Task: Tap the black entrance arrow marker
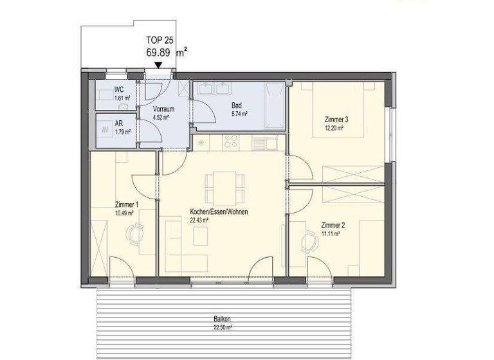pos(158,65)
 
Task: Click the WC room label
pos(119,90)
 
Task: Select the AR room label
pos(119,123)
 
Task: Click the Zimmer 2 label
pos(333,225)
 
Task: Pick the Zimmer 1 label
pos(125,204)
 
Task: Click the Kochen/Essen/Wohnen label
pos(219,212)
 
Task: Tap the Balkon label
pos(223,319)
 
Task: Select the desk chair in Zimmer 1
pos(133,235)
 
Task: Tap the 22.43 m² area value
pos(199,220)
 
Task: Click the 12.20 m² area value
pos(334,128)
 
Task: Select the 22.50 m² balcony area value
pos(223,327)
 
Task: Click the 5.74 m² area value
pos(239,114)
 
